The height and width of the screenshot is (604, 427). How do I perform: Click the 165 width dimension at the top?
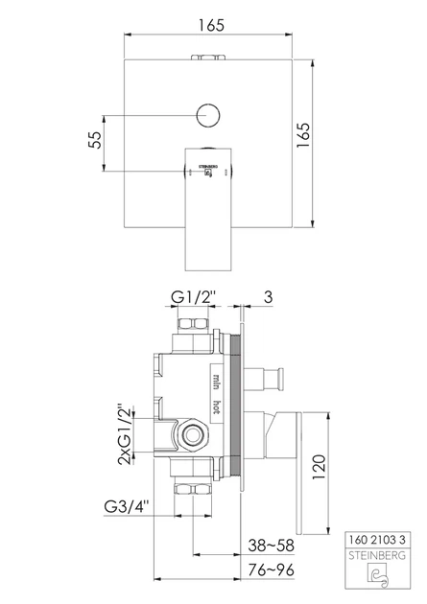tap(211, 26)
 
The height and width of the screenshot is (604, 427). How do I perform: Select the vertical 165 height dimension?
tap(303, 135)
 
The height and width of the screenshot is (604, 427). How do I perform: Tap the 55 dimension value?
tap(95, 140)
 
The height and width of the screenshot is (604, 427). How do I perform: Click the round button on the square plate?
tap(208, 115)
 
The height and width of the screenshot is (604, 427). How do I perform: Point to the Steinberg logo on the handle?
tap(208, 171)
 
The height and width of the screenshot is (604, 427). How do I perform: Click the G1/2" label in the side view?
tap(193, 297)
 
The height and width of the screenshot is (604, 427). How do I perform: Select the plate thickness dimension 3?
tap(268, 297)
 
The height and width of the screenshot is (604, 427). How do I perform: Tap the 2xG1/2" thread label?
tap(125, 434)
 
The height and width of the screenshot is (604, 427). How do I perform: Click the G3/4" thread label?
tap(127, 506)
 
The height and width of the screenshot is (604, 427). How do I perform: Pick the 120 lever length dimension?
tap(320, 467)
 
